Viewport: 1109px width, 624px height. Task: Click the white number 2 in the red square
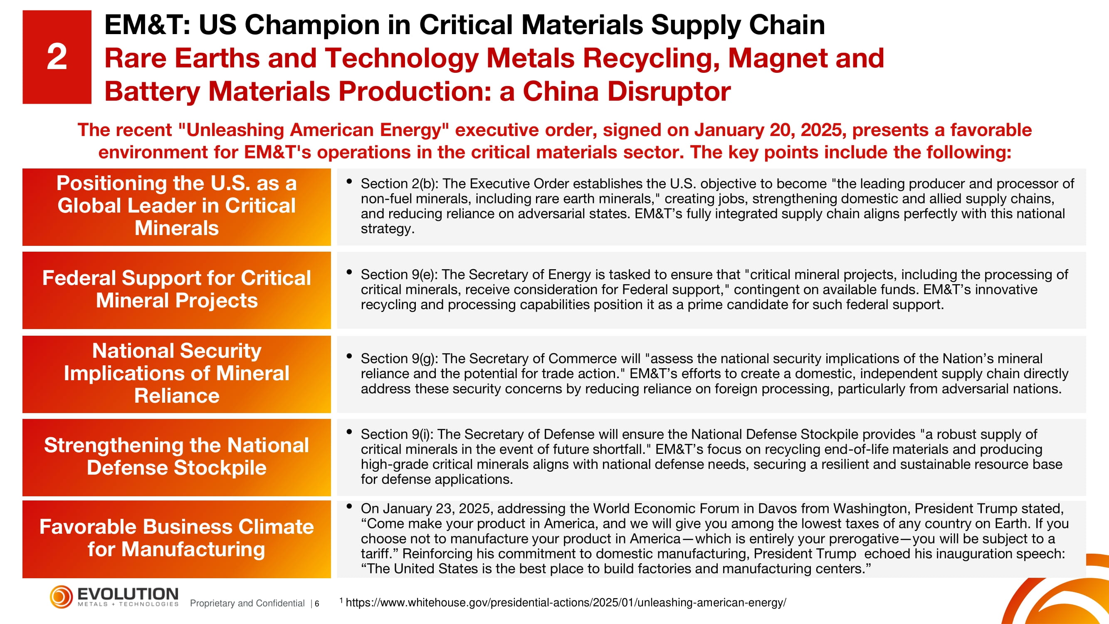(57, 57)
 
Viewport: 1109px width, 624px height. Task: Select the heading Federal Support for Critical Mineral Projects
(176, 290)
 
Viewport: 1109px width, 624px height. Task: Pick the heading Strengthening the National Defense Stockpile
(176, 456)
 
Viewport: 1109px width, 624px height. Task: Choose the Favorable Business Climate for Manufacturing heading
(176, 538)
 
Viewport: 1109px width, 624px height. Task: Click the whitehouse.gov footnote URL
(566, 603)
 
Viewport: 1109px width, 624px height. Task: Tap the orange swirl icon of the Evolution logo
(61, 597)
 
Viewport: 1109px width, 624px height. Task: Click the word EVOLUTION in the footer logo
(128, 594)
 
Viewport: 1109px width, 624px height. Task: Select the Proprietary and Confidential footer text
(247, 603)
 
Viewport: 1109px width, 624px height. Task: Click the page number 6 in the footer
(317, 604)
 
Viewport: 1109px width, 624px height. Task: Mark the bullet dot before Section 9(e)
(350, 272)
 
